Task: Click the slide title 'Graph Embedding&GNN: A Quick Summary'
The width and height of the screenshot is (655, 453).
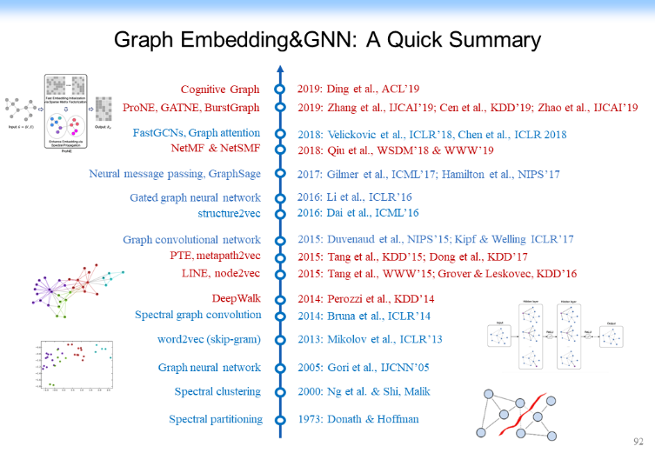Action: [327, 40]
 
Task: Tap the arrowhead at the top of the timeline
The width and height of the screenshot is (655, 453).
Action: [279, 69]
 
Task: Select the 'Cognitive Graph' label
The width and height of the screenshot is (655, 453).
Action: [220, 90]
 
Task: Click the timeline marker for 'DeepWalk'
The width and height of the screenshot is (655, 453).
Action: [279, 297]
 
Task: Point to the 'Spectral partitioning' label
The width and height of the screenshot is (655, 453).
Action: [216, 419]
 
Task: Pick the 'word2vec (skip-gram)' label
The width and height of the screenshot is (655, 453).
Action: [205, 340]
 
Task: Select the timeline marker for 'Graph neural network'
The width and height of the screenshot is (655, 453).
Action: [279, 368]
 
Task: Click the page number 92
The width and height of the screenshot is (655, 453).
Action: [639, 442]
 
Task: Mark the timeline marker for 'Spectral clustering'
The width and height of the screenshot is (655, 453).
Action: [279, 392]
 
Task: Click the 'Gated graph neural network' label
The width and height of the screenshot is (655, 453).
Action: [195, 197]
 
